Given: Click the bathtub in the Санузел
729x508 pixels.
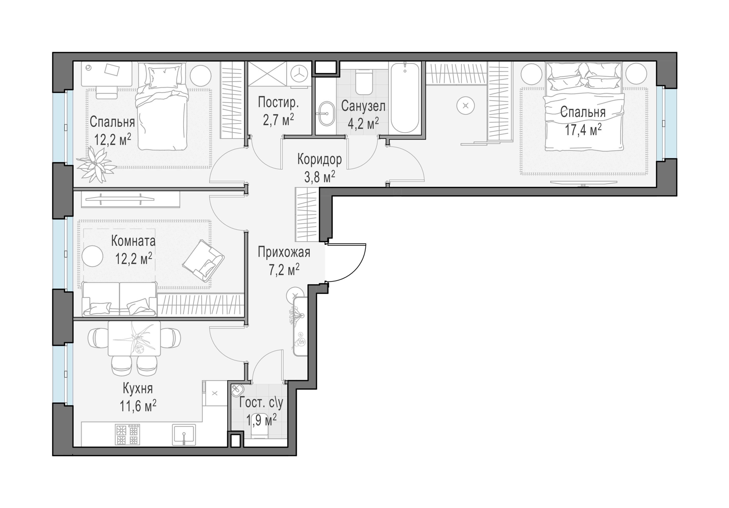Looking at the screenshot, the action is pos(405,98).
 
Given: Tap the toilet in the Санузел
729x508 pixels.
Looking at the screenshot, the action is pos(363,82).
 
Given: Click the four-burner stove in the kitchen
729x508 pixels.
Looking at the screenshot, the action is pos(128,435).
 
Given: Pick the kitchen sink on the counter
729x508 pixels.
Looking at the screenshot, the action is pos(184,435).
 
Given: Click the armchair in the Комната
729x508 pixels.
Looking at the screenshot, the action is pos(203,261).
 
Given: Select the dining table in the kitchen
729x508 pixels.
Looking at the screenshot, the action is pos(134,338).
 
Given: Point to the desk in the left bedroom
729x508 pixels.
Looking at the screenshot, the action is pos(106,74).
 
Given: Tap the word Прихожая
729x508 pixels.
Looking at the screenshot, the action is pos(284,252).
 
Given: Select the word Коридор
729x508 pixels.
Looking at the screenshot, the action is pos(319,160).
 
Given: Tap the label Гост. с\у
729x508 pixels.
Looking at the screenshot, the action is pos(261,403).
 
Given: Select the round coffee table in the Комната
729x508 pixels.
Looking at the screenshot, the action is pos(92,256).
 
